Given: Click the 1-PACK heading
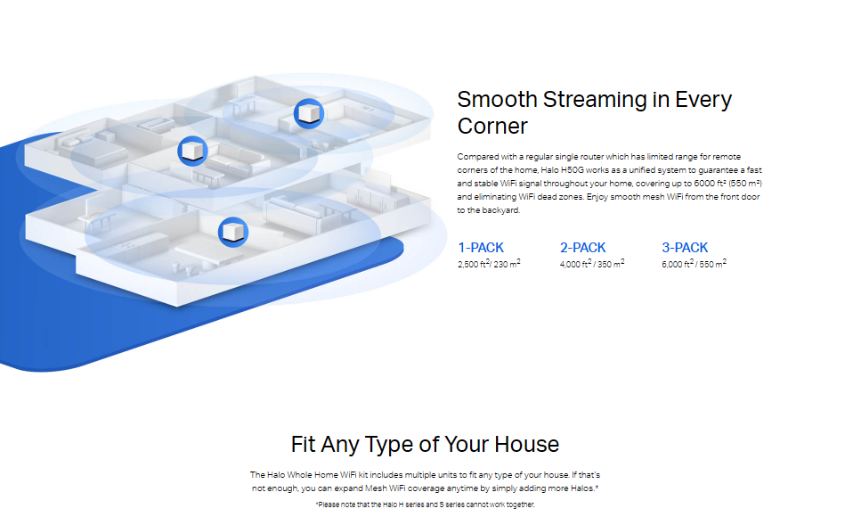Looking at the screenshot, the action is click(x=481, y=248).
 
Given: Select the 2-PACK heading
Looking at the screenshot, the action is click(x=582, y=248).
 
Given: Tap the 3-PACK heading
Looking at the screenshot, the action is click(x=685, y=248).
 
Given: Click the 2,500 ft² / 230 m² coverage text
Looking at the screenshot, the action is click(x=489, y=264).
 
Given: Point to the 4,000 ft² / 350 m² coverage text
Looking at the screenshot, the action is click(x=592, y=264).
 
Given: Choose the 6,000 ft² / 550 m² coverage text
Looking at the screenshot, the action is click(x=695, y=264).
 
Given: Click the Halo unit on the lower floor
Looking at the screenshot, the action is click(x=233, y=232).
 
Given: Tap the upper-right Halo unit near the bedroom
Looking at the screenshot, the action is click(x=309, y=114).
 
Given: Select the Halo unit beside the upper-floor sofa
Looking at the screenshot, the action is click(x=192, y=151).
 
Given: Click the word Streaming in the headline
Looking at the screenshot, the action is click(x=595, y=100).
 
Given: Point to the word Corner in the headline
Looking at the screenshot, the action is click(x=492, y=127).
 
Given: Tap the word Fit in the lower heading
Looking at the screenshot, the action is click(x=303, y=445).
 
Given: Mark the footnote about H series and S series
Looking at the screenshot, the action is click(x=425, y=504).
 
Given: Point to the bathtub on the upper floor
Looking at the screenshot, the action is click(x=156, y=125).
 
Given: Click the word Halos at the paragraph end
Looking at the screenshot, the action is click(x=584, y=488).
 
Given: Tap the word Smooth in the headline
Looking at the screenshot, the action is click(x=497, y=100).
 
